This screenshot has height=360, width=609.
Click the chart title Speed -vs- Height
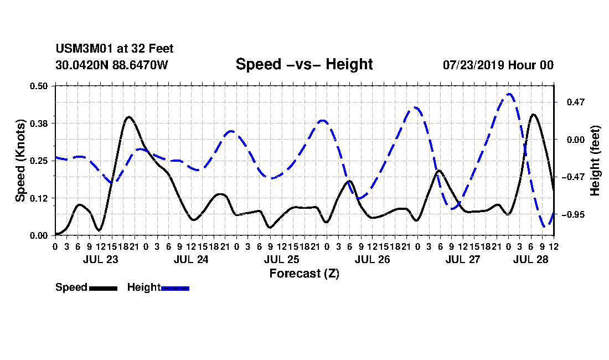click(x=304, y=64)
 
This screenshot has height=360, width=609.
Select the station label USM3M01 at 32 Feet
click(x=115, y=49)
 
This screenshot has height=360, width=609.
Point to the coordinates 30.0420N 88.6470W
click(x=112, y=65)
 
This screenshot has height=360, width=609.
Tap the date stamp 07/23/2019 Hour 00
click(x=498, y=65)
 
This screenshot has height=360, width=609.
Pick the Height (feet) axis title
click(x=595, y=161)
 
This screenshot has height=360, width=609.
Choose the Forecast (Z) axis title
click(x=304, y=274)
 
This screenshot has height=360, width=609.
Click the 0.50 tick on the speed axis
click(x=38, y=86)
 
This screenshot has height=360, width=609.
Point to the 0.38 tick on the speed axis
click(x=38, y=124)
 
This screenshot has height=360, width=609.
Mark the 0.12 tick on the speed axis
click(x=38, y=198)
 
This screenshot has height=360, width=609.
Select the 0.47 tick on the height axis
click(x=576, y=102)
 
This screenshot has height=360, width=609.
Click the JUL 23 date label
click(x=100, y=259)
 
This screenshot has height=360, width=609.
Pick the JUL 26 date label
click(x=372, y=259)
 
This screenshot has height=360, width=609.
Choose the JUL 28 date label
click(x=530, y=259)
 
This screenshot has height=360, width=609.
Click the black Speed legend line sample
click(x=104, y=288)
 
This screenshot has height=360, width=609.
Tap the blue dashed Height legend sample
click(x=175, y=288)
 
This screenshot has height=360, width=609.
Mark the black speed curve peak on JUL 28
click(x=533, y=115)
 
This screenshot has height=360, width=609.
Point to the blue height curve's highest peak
click(x=509, y=94)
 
